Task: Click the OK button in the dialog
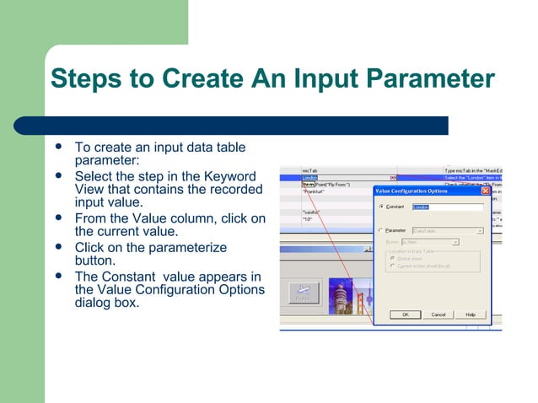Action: coord(405,314)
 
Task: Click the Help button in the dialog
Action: coord(470,314)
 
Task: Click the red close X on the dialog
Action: coord(485,191)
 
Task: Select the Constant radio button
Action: coord(381,207)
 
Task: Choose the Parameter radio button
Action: coord(381,230)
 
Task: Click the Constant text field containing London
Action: coord(447,207)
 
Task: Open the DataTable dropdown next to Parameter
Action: coord(479,230)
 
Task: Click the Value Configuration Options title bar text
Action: coord(412,191)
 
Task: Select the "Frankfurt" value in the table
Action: coord(315,191)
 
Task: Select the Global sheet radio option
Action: coord(392,259)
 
